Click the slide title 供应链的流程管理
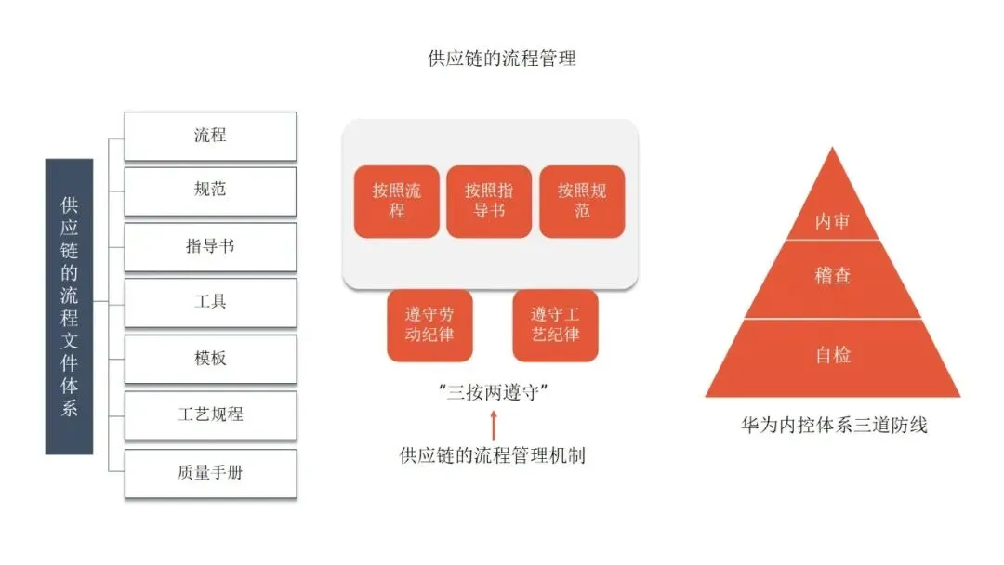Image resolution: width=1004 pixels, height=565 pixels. coord(502,59)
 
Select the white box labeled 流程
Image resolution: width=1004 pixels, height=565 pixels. coord(210,136)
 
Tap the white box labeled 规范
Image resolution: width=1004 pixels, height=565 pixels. coord(210,191)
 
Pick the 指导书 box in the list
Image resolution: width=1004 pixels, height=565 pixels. coord(210,247)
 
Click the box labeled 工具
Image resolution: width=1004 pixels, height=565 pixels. coord(210,302)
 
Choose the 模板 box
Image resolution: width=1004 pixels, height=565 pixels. coord(210,359)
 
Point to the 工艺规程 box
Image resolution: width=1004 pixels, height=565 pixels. coord(210,414)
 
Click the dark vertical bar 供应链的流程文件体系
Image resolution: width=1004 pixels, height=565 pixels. coord(70,306)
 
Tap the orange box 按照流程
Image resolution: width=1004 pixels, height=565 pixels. coord(397,202)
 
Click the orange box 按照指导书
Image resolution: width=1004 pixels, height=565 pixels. coord(489,202)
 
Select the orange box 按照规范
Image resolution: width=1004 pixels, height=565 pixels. coord(582,202)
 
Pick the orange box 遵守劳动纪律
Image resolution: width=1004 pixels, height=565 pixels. coord(429,325)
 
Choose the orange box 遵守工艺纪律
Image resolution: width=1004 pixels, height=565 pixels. coord(555,325)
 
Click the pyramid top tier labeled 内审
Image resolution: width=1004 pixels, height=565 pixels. coord(832,222)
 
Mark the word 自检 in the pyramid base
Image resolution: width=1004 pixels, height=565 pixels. coord(832,355)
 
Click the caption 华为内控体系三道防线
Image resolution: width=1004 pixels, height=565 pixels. coord(833,427)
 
